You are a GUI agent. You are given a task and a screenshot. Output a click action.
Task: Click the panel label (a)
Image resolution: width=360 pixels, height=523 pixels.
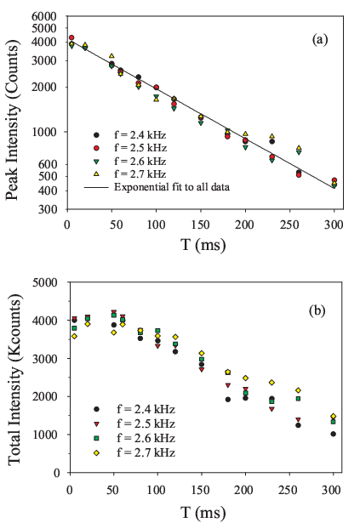tap(320, 39)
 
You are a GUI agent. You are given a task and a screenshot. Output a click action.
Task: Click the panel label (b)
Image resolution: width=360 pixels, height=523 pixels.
tap(317, 310)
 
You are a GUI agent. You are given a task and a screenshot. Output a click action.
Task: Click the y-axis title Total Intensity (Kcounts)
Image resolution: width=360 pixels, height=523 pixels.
tap(14, 379)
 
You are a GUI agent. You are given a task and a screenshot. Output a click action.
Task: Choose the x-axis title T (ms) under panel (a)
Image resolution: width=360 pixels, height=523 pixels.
tap(203, 245)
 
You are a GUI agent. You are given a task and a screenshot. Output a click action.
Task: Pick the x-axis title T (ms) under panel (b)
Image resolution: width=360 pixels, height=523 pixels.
tap(203, 512)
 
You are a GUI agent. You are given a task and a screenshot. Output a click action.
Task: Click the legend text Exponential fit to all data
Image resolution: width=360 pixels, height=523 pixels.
tap(172, 187)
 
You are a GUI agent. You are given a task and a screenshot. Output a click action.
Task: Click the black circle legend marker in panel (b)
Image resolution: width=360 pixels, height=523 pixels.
tap(96, 409)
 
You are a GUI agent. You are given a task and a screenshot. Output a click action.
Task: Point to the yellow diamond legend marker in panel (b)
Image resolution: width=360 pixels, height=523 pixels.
tap(96, 453)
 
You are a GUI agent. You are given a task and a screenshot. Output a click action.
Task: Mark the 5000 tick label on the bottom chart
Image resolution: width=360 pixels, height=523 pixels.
tap(46, 282)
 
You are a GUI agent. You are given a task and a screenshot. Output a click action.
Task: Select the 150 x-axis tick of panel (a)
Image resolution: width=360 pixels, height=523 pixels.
tap(201, 225)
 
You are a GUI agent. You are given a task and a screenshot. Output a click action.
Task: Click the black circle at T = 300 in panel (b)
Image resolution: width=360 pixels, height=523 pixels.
tap(333, 434)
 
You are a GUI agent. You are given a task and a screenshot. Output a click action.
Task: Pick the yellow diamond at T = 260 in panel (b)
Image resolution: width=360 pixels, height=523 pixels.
tap(298, 390)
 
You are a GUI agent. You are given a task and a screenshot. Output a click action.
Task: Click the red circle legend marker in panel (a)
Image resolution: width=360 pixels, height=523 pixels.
tap(96, 148)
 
